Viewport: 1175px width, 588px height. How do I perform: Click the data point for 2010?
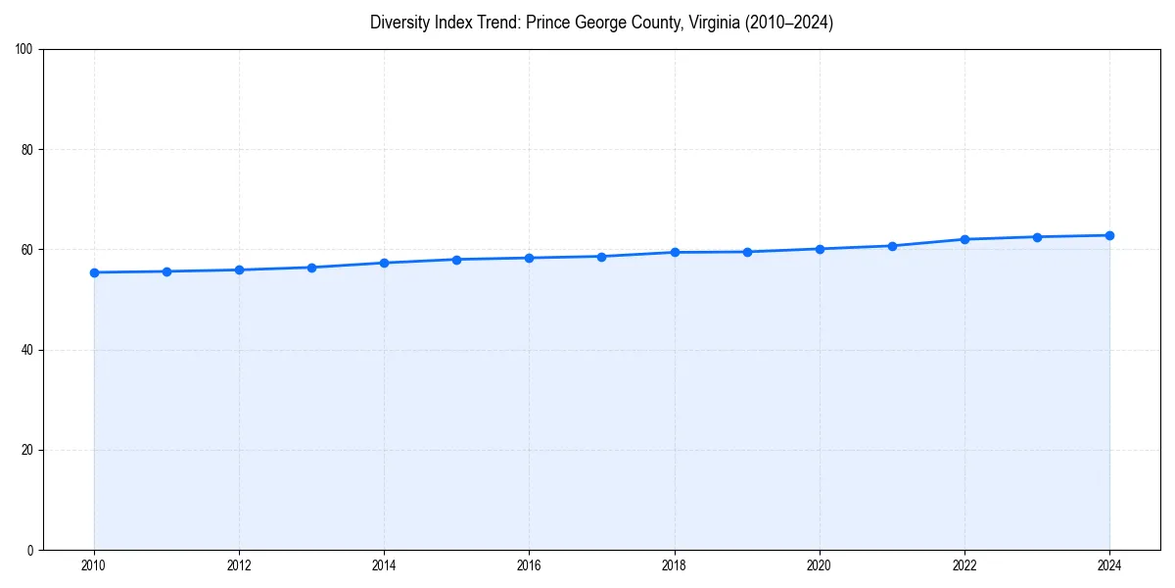pos(94,272)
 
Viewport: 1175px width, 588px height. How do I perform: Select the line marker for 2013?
pos(311,268)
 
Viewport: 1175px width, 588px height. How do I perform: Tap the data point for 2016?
pos(529,258)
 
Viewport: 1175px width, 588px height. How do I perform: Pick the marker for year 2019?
pos(747,252)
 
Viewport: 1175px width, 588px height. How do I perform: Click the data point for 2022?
pos(964,239)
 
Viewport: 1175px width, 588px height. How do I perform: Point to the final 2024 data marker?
pos(1109,235)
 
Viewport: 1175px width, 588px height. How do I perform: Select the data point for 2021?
pos(892,246)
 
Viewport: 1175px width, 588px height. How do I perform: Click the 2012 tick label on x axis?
pos(239,564)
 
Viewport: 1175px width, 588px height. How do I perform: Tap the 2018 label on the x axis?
pos(675,564)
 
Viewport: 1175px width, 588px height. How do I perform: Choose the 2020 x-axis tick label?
pos(820,564)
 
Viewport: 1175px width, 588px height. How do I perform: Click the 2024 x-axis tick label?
pos(1109,564)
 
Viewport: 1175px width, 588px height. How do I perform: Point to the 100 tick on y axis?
pos(25,50)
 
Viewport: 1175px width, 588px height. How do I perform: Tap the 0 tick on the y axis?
pos(31,550)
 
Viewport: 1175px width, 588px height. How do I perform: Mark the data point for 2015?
pos(456,260)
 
